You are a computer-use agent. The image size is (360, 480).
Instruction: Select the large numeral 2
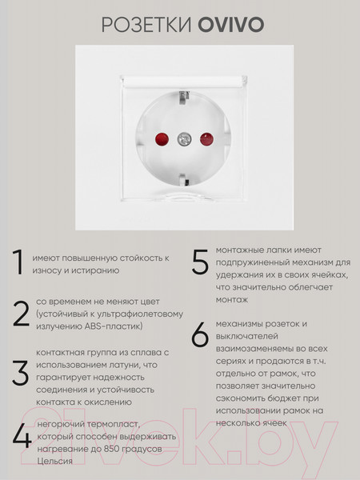[x=20, y=315]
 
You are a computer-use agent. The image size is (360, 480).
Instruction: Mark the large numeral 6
[x=201, y=338]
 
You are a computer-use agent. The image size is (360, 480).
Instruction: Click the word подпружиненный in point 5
[x=255, y=262]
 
